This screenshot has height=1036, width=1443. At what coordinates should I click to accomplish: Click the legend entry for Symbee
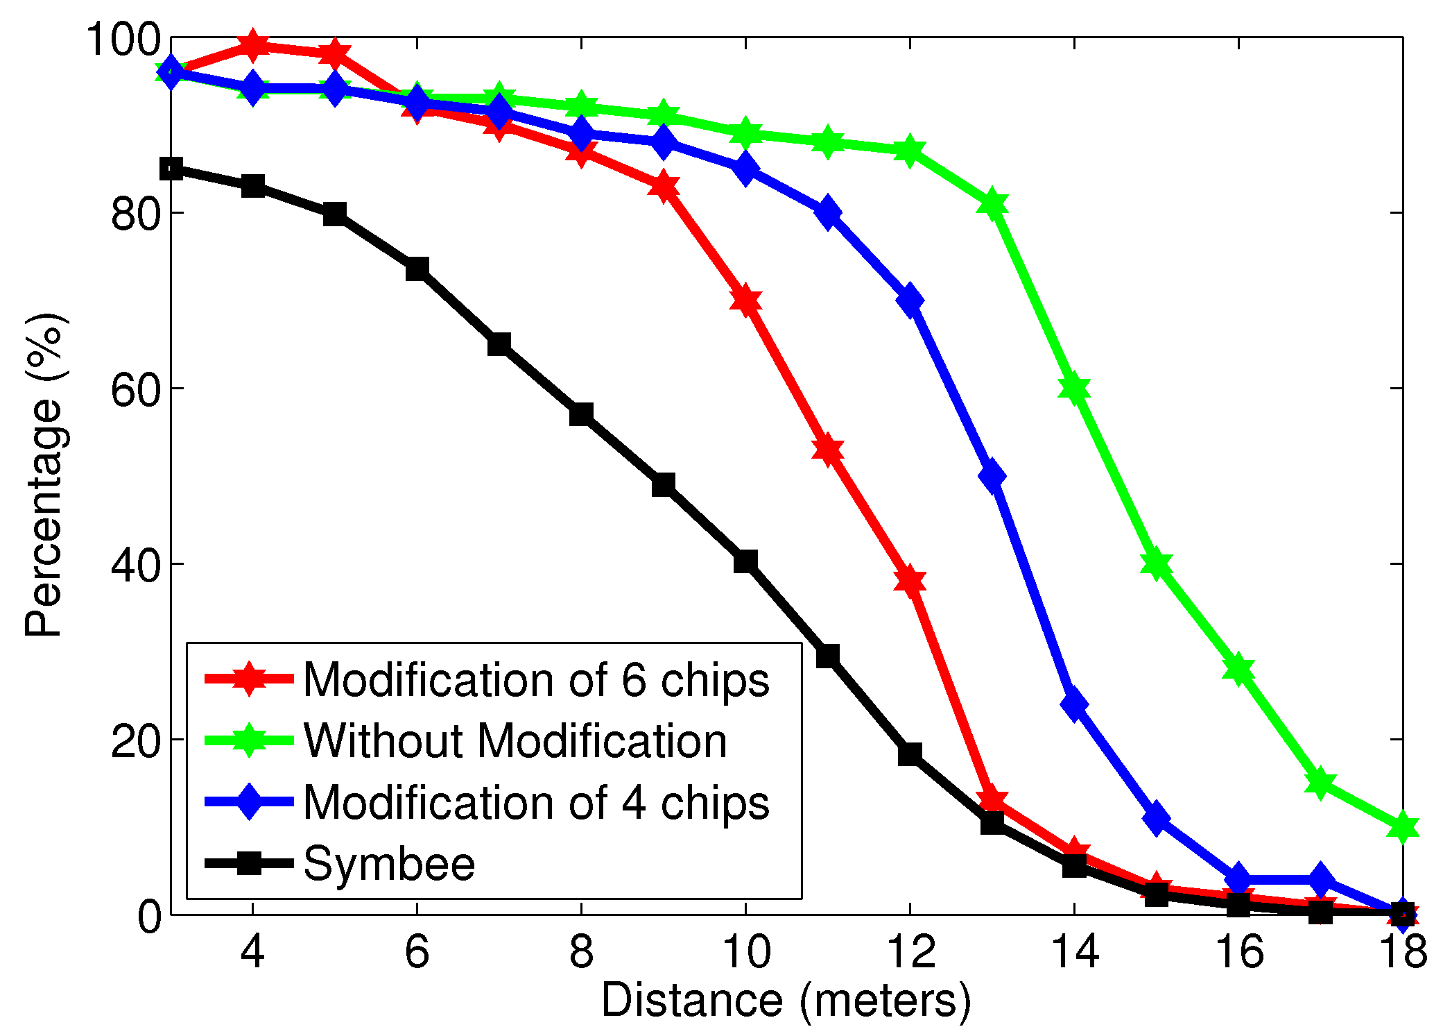point(389,864)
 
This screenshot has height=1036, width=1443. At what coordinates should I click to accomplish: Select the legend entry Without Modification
point(515,740)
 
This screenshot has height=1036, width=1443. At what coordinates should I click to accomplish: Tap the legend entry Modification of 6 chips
point(536,679)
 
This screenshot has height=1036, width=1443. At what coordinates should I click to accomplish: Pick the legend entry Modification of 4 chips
point(536,802)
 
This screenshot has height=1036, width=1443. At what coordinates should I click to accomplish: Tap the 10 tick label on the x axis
point(745,951)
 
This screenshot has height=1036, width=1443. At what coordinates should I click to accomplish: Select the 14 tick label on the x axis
point(1074,951)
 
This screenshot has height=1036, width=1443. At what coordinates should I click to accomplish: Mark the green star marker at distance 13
point(992,205)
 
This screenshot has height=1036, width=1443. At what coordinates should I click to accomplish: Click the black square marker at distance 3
point(171,169)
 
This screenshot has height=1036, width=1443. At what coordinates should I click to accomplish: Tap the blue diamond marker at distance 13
point(992,477)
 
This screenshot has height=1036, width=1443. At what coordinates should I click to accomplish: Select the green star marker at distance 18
point(1402,827)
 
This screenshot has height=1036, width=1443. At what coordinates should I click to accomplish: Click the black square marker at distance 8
point(581,415)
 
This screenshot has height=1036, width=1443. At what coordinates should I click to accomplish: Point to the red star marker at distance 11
point(827,450)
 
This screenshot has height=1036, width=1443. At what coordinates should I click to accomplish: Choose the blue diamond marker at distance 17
point(1320,880)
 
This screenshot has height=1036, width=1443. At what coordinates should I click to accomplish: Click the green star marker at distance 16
point(1238,670)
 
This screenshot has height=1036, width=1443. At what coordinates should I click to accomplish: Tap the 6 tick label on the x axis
point(417,951)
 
